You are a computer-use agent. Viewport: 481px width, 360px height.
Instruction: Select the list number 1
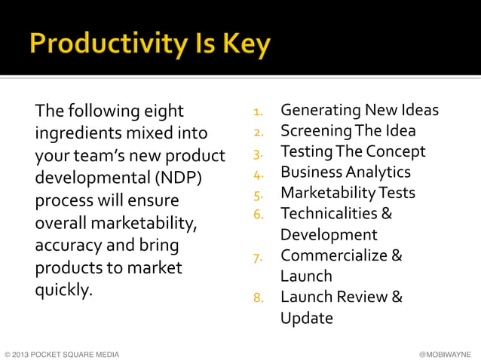258,113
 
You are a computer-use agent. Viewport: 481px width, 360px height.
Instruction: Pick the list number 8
258,297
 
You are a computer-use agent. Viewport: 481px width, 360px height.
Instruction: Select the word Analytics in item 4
378,172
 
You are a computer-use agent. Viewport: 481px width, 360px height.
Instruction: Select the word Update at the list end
306,318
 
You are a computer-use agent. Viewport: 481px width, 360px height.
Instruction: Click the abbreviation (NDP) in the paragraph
178,180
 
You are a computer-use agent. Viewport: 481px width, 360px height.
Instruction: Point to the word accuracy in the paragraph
68,246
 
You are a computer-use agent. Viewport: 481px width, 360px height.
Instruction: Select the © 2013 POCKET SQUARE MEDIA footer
61,352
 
